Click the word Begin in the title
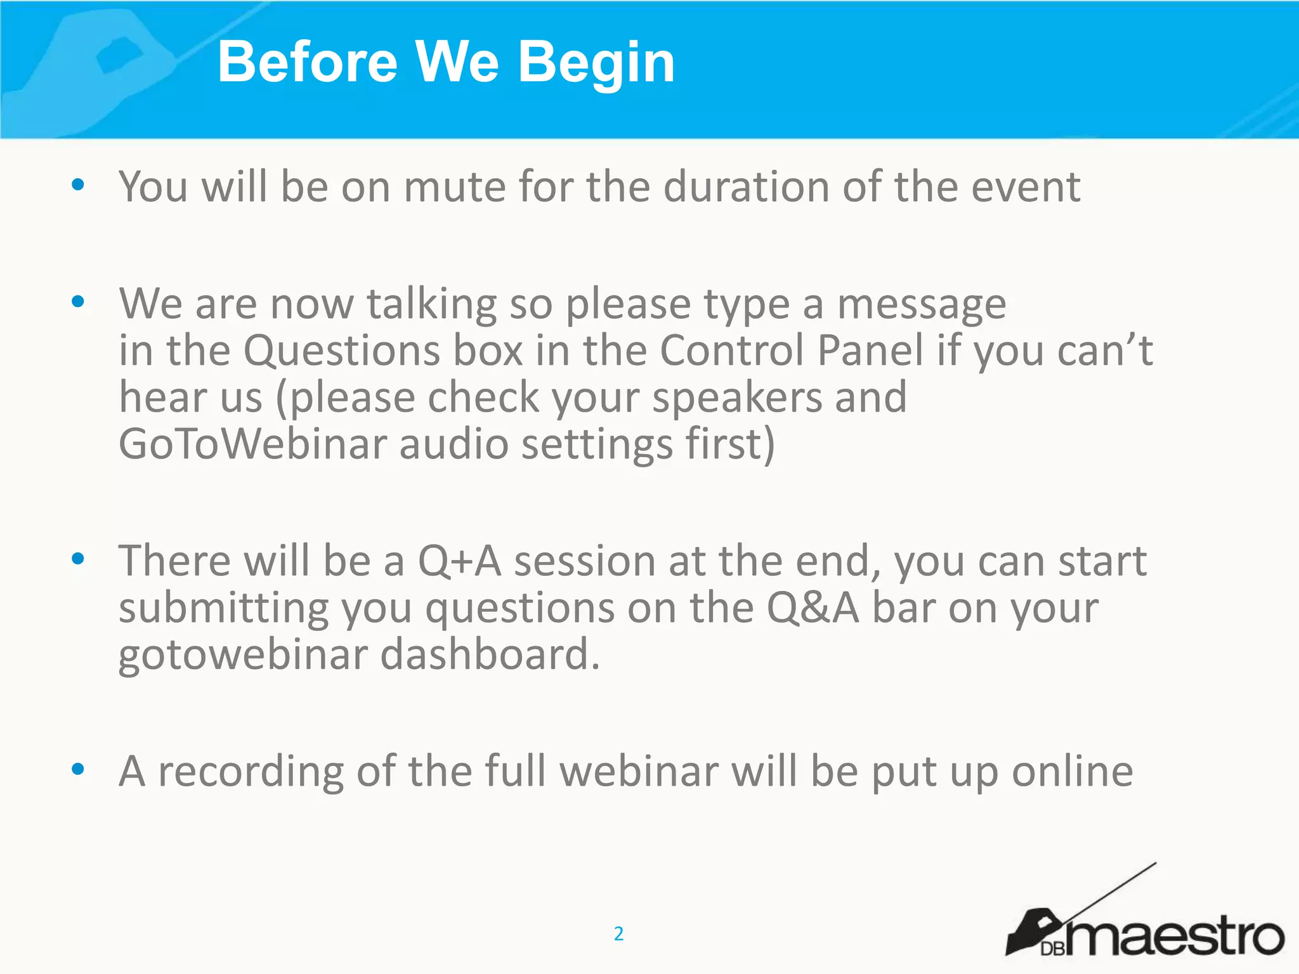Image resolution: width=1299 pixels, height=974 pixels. point(596,62)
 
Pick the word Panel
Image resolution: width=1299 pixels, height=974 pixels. point(870,351)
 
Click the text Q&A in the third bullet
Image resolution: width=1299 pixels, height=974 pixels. point(813,608)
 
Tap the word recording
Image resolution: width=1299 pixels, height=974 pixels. point(251,772)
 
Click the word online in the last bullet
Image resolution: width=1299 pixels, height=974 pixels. point(1072,772)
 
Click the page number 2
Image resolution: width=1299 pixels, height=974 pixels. point(619,933)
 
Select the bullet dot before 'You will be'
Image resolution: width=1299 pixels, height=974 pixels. point(78,185)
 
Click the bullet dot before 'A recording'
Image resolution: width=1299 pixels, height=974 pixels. point(78,770)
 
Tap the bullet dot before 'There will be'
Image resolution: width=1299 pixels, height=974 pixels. point(78,559)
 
